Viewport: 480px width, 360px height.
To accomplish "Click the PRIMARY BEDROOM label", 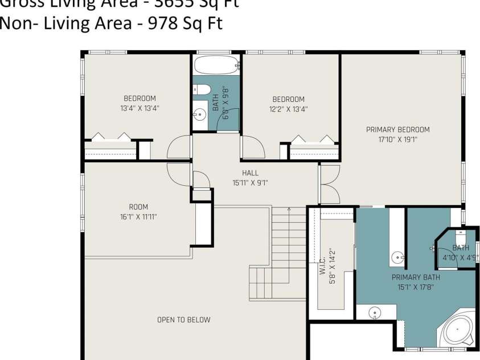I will (x=397, y=129).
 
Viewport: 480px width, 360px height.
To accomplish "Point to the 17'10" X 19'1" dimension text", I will (x=397, y=139).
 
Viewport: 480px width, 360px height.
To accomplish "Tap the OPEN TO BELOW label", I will (x=183, y=320).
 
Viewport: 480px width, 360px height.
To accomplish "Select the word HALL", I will (x=250, y=173).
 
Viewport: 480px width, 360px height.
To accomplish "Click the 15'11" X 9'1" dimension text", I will (x=250, y=183).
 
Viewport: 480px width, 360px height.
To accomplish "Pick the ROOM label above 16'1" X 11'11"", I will (x=138, y=207).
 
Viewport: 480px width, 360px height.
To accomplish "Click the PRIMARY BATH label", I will (x=416, y=277).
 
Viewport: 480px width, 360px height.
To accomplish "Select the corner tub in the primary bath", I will (x=458, y=333).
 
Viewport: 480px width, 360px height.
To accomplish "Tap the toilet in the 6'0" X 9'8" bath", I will (x=202, y=89).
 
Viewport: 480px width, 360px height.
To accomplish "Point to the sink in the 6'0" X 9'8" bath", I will (x=199, y=114).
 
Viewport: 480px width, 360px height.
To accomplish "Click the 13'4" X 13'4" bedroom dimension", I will (x=140, y=108).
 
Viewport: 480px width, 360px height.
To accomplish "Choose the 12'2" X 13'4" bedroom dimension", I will (x=288, y=109).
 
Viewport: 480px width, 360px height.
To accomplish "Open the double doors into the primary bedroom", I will (x=329, y=184).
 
